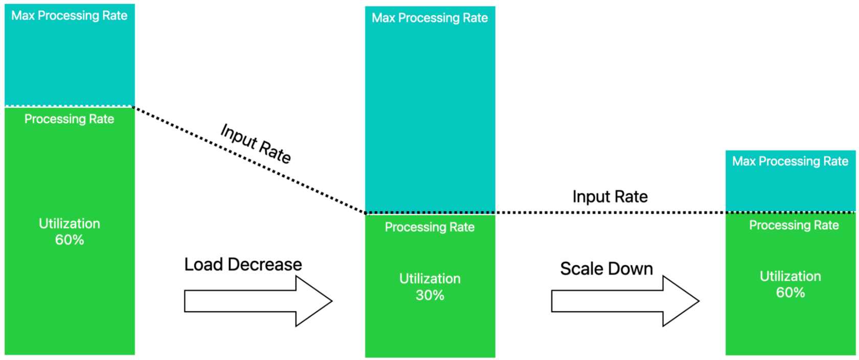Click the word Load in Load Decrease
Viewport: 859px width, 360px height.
(x=204, y=264)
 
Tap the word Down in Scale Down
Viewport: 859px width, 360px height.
(x=632, y=269)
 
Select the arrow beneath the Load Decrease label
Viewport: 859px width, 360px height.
(x=258, y=301)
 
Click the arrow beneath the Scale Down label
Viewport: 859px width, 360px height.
(x=625, y=301)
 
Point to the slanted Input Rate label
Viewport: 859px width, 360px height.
(x=256, y=144)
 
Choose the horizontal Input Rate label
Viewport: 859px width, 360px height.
(x=610, y=197)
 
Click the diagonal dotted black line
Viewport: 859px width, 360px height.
(x=250, y=160)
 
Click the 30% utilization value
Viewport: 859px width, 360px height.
(x=430, y=295)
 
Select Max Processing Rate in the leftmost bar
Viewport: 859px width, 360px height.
(x=70, y=16)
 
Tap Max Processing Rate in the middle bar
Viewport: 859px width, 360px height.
(x=430, y=18)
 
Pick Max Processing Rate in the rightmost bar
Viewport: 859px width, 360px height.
(x=790, y=162)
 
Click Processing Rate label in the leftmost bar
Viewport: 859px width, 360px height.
(x=70, y=119)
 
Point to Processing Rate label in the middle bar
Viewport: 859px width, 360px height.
(x=430, y=228)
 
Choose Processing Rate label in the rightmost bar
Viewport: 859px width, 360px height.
(x=794, y=225)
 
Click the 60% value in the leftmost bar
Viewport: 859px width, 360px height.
(x=70, y=240)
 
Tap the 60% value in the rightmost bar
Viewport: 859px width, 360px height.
(x=790, y=293)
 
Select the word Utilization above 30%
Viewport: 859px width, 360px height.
(x=430, y=279)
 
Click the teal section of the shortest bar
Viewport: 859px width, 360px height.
(x=790, y=181)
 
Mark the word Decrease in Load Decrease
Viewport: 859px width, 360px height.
(x=265, y=264)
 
